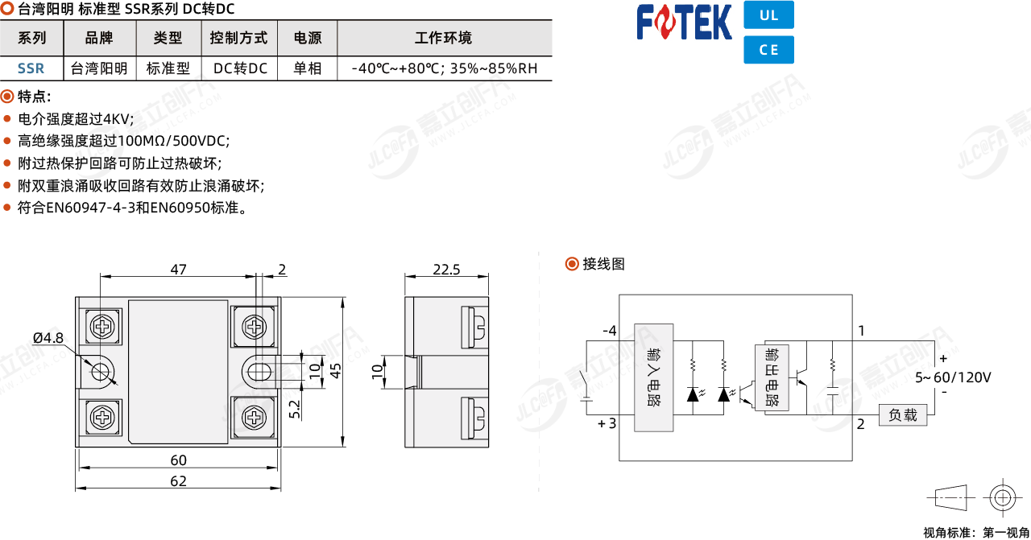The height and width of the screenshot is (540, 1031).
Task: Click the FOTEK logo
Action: [684, 22]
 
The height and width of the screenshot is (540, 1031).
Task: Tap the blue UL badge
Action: [768, 14]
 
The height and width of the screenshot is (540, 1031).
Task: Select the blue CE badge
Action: [768, 50]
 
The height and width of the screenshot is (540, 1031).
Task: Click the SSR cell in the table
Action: [31, 68]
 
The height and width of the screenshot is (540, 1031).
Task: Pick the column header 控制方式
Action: [238, 38]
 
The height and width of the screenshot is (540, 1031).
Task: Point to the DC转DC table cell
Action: [240, 68]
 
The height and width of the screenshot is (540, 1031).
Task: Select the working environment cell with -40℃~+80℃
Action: [444, 68]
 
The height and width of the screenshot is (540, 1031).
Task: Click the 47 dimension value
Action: [179, 269]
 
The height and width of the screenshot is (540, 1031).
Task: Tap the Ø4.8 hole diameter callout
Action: [48, 338]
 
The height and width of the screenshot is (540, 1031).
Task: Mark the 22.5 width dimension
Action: [446, 269]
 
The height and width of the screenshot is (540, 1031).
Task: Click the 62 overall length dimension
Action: [179, 481]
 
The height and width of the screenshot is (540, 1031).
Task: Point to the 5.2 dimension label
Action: [295, 410]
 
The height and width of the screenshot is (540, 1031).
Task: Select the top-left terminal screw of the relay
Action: [102, 327]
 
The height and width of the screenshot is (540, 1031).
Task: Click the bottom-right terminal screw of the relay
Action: [254, 418]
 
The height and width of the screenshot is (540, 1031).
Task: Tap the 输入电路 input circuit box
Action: [653, 377]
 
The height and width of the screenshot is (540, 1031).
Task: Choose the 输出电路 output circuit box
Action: [772, 377]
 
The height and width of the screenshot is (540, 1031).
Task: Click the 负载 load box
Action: [903, 415]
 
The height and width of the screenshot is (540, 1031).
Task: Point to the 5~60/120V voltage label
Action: [953, 377]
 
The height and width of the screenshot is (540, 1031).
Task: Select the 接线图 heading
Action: [603, 264]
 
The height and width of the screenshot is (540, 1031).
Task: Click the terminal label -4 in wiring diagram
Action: [610, 331]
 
